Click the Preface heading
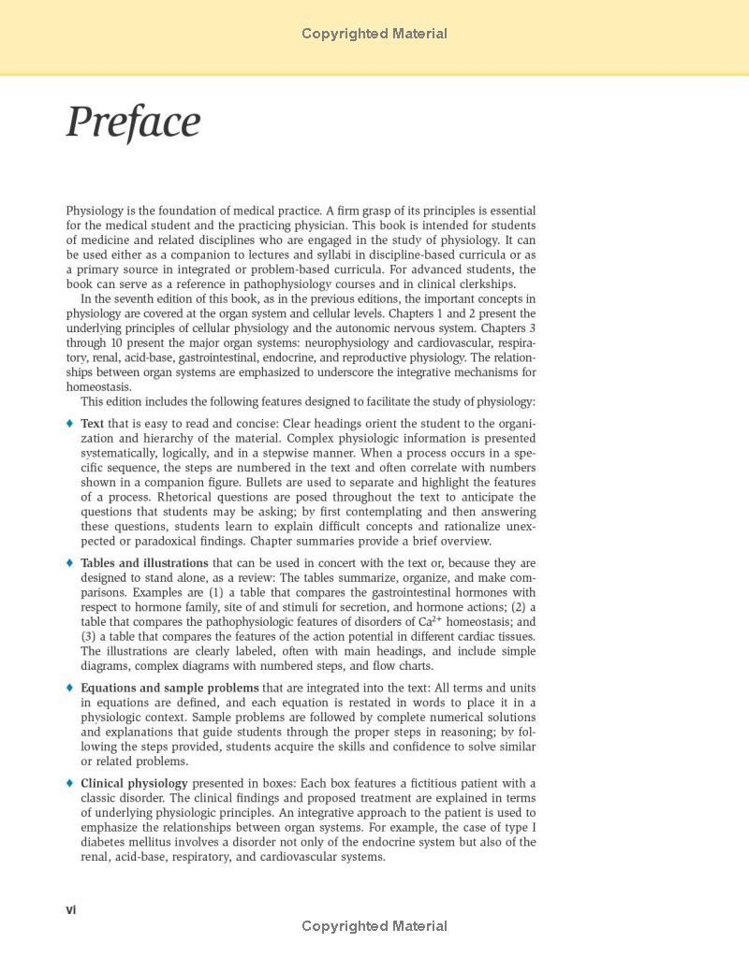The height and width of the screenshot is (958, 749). pyautogui.click(x=133, y=123)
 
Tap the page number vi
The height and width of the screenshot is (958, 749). pyautogui.click(x=71, y=909)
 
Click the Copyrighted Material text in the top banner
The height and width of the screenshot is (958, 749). pyautogui.click(x=374, y=34)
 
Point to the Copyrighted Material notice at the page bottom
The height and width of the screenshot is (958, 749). pyautogui.click(x=374, y=926)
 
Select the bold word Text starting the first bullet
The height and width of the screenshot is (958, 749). pyautogui.click(x=93, y=424)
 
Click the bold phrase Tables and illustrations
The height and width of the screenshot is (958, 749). pyautogui.click(x=144, y=563)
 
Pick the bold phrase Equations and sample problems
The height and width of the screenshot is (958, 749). pyautogui.click(x=169, y=688)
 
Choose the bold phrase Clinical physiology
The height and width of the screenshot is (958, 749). pyautogui.click(x=134, y=783)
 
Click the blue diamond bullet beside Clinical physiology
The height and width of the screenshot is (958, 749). pyautogui.click(x=70, y=783)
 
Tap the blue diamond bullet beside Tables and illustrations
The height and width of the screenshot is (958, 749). pyautogui.click(x=70, y=563)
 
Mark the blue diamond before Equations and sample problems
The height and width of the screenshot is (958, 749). pyautogui.click(x=70, y=688)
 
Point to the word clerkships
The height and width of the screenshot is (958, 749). pyautogui.click(x=483, y=284)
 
